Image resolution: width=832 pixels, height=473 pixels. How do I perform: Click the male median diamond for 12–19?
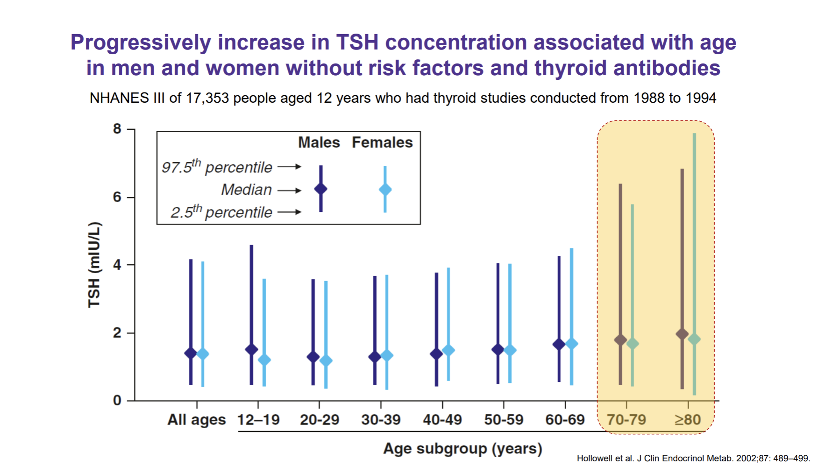(x=251, y=349)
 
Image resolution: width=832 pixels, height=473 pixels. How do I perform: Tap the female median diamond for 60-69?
(x=571, y=344)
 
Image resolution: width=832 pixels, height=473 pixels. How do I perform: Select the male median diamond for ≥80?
(x=682, y=334)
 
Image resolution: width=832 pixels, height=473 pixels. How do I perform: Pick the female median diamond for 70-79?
(x=633, y=344)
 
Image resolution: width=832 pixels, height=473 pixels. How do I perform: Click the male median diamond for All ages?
(x=191, y=353)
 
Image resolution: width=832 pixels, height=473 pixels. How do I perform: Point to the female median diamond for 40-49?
(x=448, y=350)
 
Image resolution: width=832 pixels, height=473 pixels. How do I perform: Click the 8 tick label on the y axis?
(x=117, y=129)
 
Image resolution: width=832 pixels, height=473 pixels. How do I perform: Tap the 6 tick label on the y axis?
(x=117, y=197)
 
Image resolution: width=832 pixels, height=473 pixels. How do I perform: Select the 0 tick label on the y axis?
(x=117, y=400)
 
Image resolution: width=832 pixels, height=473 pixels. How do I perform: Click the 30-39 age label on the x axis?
(x=381, y=420)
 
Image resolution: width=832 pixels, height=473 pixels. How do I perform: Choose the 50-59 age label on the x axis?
(x=504, y=420)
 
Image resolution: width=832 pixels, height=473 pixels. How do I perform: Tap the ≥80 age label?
(x=688, y=420)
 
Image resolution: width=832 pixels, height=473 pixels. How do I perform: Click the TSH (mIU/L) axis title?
(x=94, y=265)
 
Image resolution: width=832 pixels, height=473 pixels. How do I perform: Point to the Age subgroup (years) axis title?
(x=462, y=449)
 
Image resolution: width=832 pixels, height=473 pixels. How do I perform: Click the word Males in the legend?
(x=319, y=142)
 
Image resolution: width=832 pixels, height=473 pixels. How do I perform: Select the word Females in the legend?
(x=382, y=142)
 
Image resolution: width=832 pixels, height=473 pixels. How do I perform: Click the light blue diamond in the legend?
(x=385, y=190)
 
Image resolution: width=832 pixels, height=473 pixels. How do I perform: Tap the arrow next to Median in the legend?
(x=290, y=191)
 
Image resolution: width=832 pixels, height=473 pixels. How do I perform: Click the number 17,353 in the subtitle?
(x=207, y=98)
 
